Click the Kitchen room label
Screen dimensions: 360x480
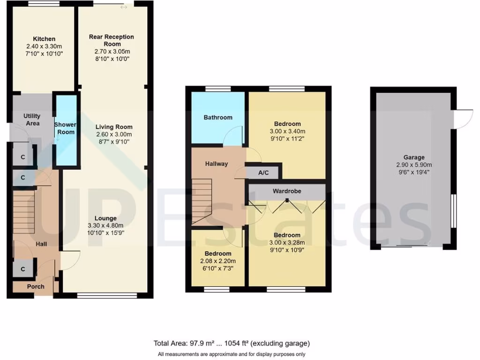[x=44, y=39]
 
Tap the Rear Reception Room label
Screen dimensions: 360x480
[x=112, y=40]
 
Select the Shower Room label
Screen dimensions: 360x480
[x=65, y=128]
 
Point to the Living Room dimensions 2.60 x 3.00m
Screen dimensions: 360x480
[x=114, y=134]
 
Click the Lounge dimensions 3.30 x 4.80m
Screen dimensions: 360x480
[x=105, y=225]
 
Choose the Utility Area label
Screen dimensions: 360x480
[x=32, y=120]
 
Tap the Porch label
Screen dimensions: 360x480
[x=36, y=286]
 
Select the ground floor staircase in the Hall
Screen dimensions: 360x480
[x=24, y=206]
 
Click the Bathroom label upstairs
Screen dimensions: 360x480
[x=217, y=117]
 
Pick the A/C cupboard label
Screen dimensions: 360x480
[x=263, y=172]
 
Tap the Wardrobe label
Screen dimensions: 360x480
[x=287, y=191]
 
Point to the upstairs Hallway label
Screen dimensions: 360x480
[x=217, y=164]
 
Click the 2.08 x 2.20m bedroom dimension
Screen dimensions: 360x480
[x=217, y=261]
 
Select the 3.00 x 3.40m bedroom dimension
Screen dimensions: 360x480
[x=287, y=131]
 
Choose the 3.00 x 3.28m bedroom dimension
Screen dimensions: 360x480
[x=287, y=242]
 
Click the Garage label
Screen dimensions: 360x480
[x=414, y=157]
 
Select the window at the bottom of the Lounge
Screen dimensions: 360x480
[x=107, y=295]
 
